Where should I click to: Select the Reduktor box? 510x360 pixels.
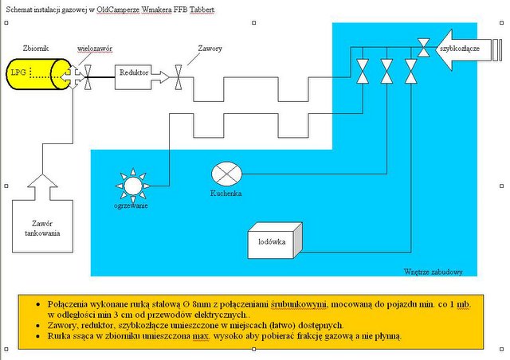(134, 74)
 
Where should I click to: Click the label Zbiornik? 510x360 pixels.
(39, 48)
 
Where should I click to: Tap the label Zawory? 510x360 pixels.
(210, 49)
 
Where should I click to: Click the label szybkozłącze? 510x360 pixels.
(458, 48)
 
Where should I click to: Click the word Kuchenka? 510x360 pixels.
(226, 194)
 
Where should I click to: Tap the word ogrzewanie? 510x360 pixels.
(131, 205)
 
